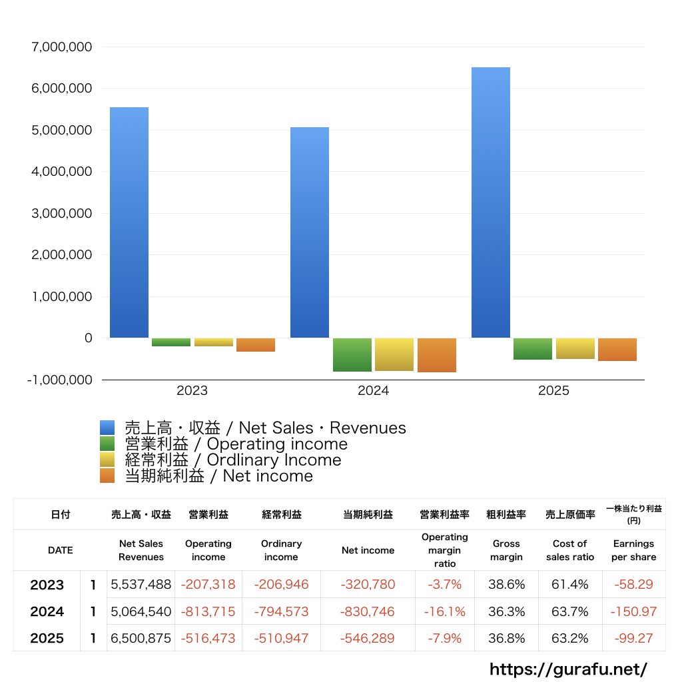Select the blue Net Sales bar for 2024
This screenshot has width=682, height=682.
point(310,232)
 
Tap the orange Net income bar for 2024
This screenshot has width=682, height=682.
point(437,355)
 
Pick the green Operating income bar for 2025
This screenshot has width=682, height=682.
point(533,349)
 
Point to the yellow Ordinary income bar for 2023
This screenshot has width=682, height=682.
point(214,342)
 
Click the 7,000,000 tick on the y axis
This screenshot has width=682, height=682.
point(62,47)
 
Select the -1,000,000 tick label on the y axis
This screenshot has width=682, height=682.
point(59,380)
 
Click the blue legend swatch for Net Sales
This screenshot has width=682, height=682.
point(107,428)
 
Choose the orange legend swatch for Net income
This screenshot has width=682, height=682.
point(107,476)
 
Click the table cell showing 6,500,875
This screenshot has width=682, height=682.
point(141,638)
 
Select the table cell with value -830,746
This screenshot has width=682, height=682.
point(368,611)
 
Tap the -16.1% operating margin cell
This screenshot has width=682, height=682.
point(444,611)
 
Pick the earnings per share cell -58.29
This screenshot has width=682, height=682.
point(633,585)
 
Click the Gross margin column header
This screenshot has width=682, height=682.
point(506,550)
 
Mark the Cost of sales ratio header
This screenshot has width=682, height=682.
point(570,550)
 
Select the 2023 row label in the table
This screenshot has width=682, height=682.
point(47,585)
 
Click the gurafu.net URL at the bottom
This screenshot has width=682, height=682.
point(569,669)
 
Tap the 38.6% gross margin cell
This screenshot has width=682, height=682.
point(506,585)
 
